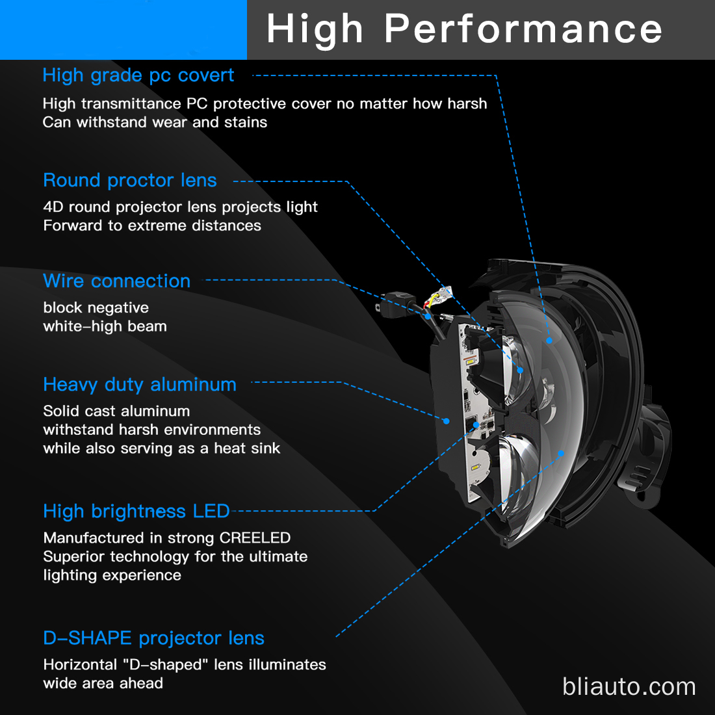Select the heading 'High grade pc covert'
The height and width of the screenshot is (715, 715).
pyautogui.click(x=138, y=75)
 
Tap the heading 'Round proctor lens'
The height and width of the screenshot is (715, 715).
pyautogui.click(x=130, y=181)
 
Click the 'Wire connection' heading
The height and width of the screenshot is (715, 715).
pyautogui.click(x=117, y=281)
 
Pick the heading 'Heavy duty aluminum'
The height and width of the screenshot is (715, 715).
pyautogui.click(x=140, y=385)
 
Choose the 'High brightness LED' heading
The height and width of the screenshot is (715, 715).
pyautogui.click(x=136, y=512)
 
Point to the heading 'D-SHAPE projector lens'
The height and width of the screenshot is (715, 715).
pyautogui.click(x=153, y=638)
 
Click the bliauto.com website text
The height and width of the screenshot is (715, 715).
pyautogui.click(x=629, y=686)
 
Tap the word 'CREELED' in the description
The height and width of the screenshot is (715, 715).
pyautogui.click(x=255, y=538)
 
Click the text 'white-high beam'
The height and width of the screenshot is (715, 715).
pyautogui.click(x=105, y=326)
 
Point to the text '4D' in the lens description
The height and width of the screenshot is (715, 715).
pyautogui.click(x=53, y=207)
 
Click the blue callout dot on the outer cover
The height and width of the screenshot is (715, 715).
pyautogui.click(x=549, y=341)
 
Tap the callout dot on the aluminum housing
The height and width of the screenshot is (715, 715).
pyautogui.click(x=447, y=421)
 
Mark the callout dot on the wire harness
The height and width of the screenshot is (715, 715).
pyautogui.click(x=428, y=316)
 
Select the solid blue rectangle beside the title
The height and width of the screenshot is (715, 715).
pyautogui.click(x=123, y=30)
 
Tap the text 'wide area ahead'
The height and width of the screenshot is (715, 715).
pyautogui.click(x=103, y=684)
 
